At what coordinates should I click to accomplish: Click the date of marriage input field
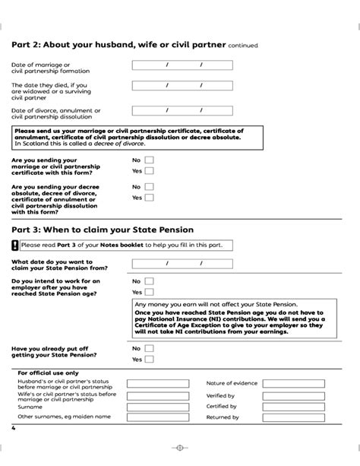pyautogui.click(x=185, y=65)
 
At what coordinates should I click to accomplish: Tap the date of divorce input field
pyautogui.click(x=185, y=111)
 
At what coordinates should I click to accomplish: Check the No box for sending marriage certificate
pyautogui.click(x=150, y=160)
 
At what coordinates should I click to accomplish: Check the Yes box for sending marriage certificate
pyautogui.click(x=150, y=171)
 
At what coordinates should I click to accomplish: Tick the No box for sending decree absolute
pyautogui.click(x=150, y=186)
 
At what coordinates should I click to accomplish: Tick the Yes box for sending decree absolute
pyautogui.click(x=150, y=198)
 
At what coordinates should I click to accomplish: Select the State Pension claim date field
pyautogui.click(x=185, y=263)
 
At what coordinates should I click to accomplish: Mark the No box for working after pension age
pyautogui.click(x=150, y=281)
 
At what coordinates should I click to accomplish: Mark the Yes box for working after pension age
pyautogui.click(x=150, y=292)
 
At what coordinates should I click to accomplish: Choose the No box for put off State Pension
pyautogui.click(x=150, y=348)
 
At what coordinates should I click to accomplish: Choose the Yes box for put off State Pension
pyautogui.click(x=150, y=360)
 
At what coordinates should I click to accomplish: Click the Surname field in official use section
pyautogui.click(x=157, y=407)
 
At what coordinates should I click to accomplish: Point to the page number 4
pyautogui.click(x=14, y=430)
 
